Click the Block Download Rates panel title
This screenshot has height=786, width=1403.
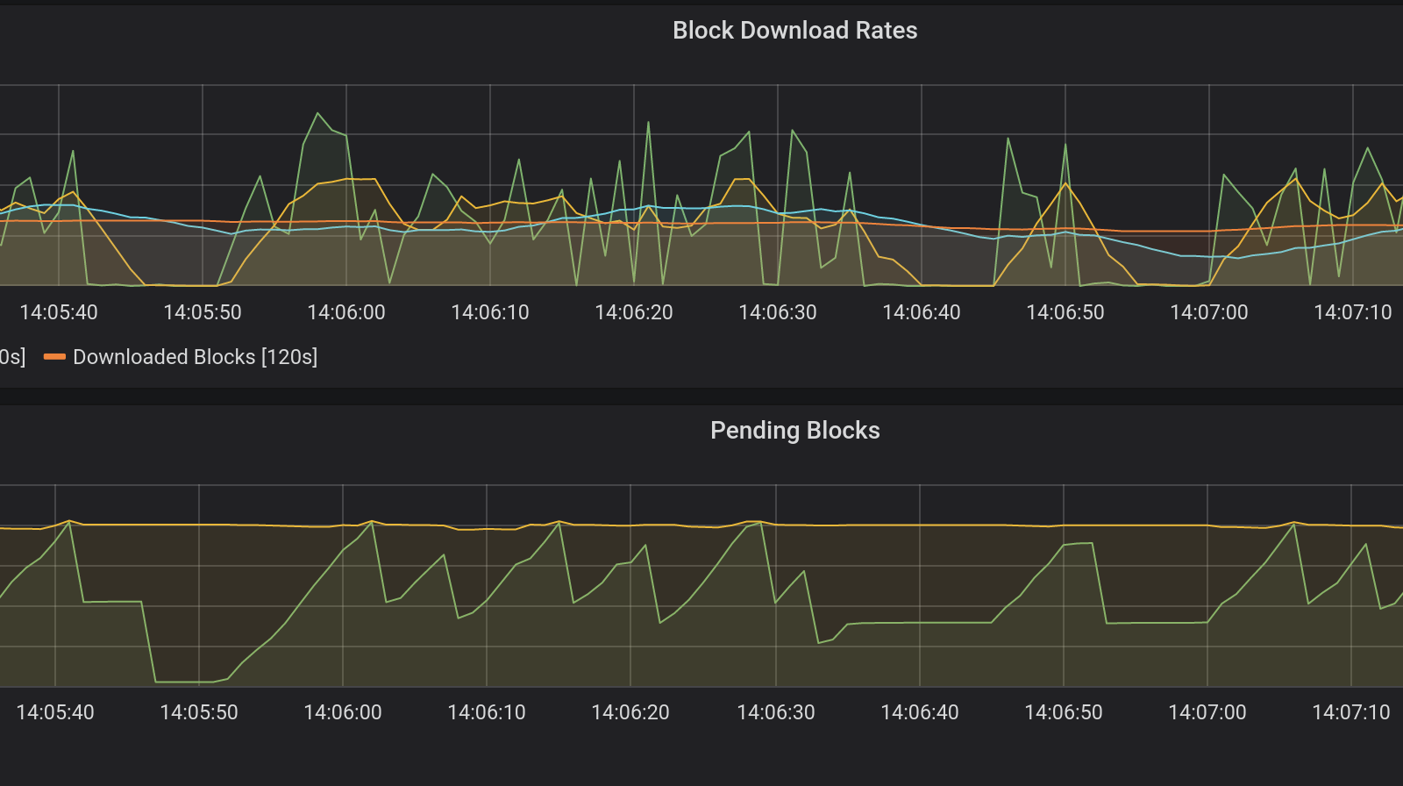pos(794,31)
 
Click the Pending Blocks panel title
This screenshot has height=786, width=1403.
pos(794,431)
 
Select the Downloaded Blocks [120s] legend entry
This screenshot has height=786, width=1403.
pos(195,357)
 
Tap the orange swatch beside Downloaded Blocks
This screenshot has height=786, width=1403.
pos(54,357)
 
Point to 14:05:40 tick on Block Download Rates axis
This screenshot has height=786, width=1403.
pos(59,312)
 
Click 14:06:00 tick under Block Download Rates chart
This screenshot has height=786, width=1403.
pos(346,312)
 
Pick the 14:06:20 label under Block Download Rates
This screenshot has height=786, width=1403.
pos(634,312)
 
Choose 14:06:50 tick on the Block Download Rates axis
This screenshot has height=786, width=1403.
pos(1065,312)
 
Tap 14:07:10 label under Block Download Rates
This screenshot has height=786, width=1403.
pos(1353,312)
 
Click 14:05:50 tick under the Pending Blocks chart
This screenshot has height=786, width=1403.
pos(199,712)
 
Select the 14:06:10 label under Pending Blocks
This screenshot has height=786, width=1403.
pos(487,712)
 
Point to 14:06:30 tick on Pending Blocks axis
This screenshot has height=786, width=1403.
pos(776,712)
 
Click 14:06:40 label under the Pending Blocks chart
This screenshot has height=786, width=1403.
pos(920,712)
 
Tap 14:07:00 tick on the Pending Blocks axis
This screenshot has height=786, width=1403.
pos(1207,712)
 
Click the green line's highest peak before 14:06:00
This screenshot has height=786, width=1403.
pos(317,113)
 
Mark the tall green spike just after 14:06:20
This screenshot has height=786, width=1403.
pos(649,123)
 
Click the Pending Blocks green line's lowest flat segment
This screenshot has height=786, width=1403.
pos(184,682)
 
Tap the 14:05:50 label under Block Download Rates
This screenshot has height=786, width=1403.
pos(203,312)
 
